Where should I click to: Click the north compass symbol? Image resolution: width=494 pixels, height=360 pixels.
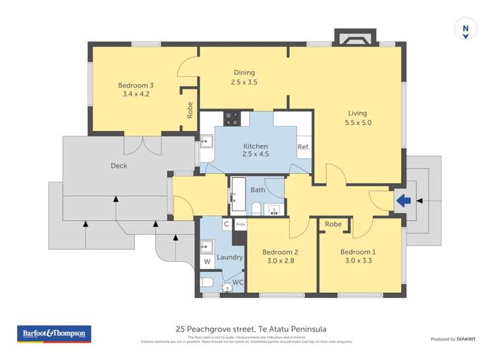466,30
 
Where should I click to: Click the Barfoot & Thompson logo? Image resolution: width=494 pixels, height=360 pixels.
54,334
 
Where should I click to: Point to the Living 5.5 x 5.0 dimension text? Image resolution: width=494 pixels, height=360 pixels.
358,122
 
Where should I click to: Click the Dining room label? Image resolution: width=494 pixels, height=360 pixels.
244,73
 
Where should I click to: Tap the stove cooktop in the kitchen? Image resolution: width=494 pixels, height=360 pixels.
232,118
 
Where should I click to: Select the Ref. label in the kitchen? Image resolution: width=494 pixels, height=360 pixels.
304,147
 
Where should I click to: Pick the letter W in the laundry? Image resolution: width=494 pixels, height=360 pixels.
207,261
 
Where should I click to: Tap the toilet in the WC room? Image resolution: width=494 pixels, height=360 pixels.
207,282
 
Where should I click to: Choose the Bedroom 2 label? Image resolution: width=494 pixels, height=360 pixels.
280,252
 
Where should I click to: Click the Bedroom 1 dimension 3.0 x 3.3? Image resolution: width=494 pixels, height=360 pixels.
358,261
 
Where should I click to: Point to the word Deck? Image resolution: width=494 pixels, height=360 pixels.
119,166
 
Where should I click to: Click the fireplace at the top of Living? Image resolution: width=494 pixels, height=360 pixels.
355,38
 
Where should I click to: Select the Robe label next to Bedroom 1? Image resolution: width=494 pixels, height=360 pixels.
333,224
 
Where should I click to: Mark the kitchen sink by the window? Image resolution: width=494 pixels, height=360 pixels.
206,141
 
